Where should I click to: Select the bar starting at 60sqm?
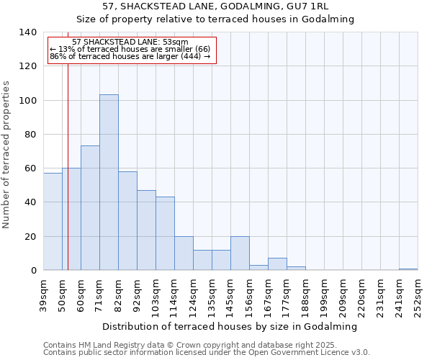tap(90, 208)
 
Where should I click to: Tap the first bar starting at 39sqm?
tap(53, 222)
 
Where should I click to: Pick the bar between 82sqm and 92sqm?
tap(127, 221)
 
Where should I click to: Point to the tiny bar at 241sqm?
tap(408, 269)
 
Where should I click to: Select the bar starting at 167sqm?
tap(277, 264)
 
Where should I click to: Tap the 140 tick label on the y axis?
tap(28, 32)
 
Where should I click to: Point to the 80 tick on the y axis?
tap(31, 135)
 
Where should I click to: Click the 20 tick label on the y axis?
tap(31, 237)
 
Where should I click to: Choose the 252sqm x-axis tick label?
tap(418, 295)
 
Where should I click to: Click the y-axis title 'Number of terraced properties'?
tap(6, 155)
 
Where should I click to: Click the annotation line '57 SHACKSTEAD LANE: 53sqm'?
tap(130, 42)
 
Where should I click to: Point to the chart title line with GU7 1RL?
tap(216, 6)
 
